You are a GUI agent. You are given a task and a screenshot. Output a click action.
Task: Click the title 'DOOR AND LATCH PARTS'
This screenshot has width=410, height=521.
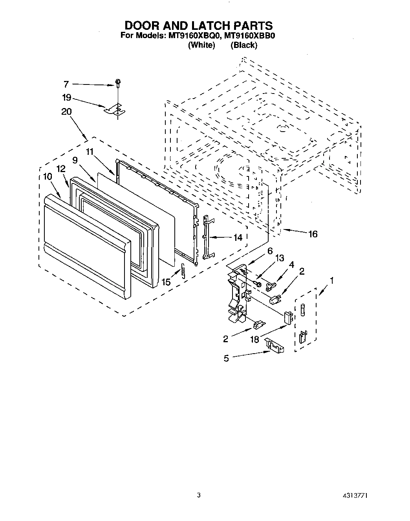198,26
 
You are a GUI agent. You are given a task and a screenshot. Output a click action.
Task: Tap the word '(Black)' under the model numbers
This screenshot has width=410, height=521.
244,45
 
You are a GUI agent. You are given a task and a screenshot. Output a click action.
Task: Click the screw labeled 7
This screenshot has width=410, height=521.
118,83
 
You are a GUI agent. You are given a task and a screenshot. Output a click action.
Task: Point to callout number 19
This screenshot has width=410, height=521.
66,97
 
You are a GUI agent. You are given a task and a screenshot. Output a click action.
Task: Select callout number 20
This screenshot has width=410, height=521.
66,112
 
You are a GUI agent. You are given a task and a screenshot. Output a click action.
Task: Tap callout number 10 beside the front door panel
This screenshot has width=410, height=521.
48,177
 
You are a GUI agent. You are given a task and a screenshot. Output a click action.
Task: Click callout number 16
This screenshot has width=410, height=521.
313,234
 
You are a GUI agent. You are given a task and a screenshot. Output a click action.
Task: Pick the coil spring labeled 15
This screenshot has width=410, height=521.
183,271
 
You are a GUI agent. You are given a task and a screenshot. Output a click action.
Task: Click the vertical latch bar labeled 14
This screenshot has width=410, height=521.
207,237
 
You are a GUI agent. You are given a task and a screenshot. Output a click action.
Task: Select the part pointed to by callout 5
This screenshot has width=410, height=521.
275,345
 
